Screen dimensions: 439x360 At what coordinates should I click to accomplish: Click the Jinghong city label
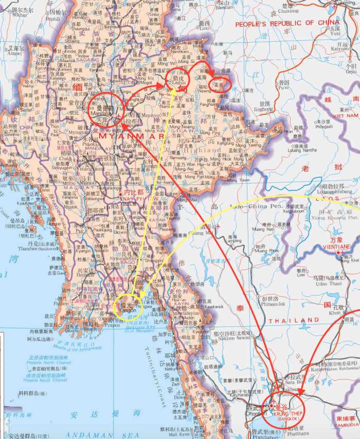click(263, 110)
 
